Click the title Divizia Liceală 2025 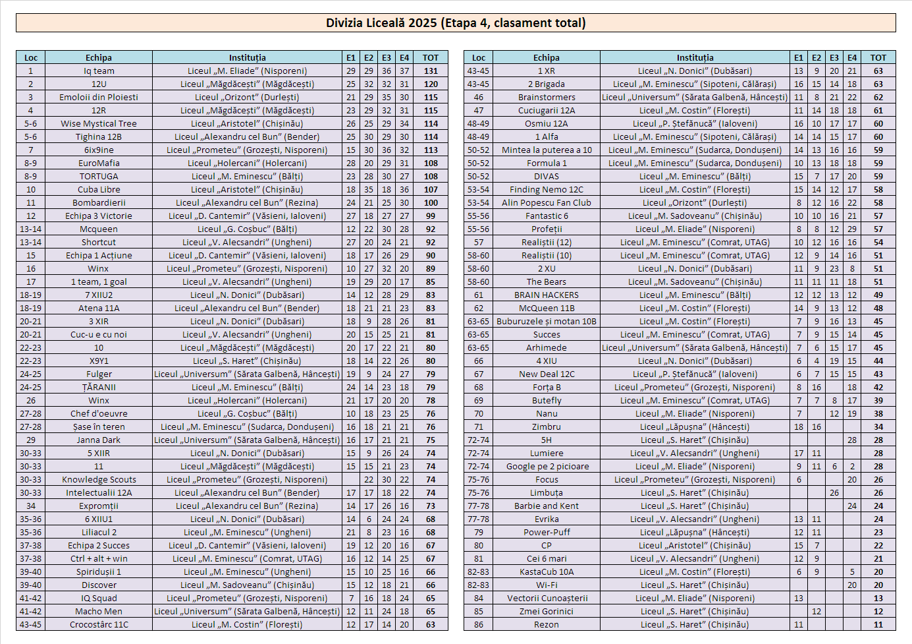coord(456,23)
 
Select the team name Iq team coord(99,71)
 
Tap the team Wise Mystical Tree coord(99,124)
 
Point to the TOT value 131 coord(431,71)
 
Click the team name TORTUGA coord(99,177)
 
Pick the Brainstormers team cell coord(547,98)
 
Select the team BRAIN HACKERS coord(547,295)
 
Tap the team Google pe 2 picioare coord(547,467)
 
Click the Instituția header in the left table coord(248,58)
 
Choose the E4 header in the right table coord(852,58)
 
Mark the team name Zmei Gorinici coord(547,612)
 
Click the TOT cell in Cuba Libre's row coord(431,190)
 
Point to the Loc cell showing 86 coord(479,625)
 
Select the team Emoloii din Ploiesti coord(99,98)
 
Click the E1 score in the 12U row coord(351,84)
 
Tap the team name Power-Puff coord(547,533)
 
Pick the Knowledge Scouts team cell coord(99,480)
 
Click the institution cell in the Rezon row coord(695,625)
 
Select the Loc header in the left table coord(31,58)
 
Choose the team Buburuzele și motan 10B coord(547,322)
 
